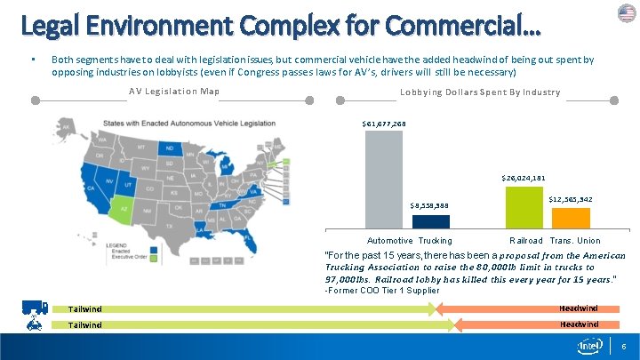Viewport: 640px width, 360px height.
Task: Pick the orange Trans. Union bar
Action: pos(571,218)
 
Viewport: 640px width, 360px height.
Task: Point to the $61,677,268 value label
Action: pos(384,124)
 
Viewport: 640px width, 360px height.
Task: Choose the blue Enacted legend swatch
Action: pos(154,251)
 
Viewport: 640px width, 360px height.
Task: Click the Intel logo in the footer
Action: pos(591,344)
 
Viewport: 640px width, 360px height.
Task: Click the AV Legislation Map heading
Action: pos(174,92)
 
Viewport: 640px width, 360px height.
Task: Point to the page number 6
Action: pos(625,345)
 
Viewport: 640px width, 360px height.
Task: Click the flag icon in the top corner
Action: pos(627,12)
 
